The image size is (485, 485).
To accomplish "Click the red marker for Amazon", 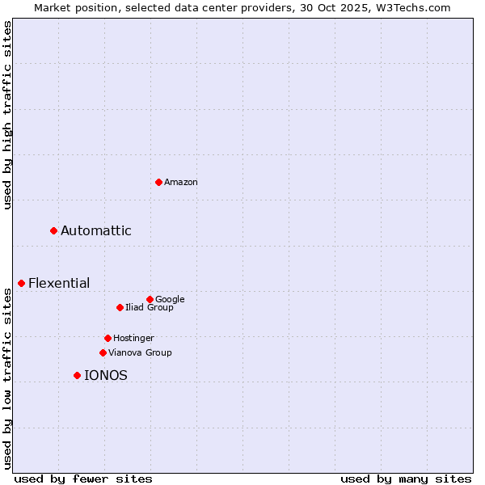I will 158,182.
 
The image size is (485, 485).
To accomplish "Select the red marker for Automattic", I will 54,231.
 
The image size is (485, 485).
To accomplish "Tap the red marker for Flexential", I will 22,283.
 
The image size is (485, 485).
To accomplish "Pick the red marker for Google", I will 150,299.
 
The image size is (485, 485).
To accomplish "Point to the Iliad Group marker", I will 120,307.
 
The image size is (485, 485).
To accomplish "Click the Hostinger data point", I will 108,338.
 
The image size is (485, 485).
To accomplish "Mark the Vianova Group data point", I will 103,352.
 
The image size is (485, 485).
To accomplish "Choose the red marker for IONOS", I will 78,375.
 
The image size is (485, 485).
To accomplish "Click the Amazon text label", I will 181,183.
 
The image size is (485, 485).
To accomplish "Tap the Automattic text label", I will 96,231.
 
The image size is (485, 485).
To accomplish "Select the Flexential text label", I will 59,283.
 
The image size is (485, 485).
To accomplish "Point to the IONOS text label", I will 106,375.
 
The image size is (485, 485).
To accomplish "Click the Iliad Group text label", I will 150,307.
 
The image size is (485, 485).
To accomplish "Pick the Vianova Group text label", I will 140,352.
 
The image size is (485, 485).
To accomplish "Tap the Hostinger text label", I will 133,338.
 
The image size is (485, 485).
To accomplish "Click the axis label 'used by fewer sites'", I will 83,479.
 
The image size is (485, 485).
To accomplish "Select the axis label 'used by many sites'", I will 406,479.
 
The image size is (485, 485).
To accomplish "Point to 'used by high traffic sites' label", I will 7,115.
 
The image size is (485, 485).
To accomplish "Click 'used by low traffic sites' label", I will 7,378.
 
